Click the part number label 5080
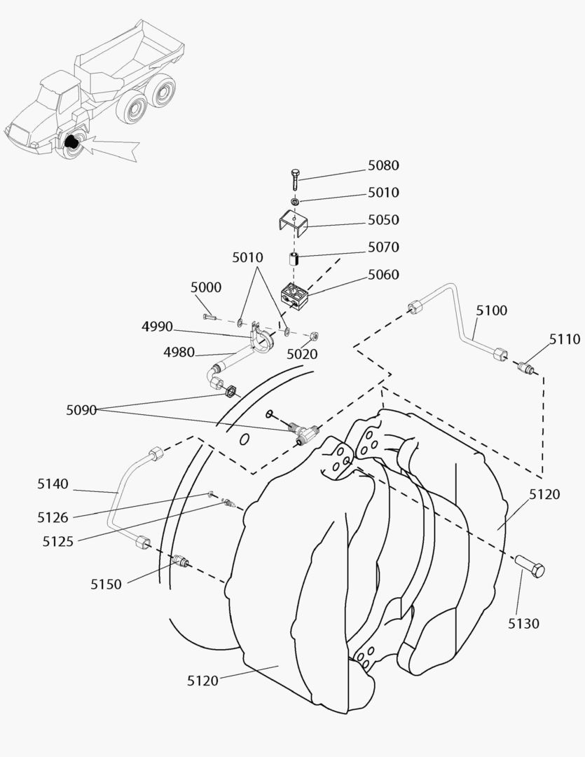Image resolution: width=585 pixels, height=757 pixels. pos(383,165)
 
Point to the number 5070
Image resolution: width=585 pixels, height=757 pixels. pos(383,247)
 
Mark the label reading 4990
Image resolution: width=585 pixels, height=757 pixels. pos(157,326)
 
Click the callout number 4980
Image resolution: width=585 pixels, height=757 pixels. pos(179,353)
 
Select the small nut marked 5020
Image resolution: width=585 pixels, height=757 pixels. pos(314,335)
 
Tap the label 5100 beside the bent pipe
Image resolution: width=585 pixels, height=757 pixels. pos(492,311)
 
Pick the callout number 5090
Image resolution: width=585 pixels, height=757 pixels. pos(82,410)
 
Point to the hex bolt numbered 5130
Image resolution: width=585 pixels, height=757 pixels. pos(530,566)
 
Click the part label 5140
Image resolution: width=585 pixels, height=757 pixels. pos(53,483)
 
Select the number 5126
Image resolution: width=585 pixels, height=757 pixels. pos(53,517)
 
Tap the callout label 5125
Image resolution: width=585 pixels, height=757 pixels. pos(58,541)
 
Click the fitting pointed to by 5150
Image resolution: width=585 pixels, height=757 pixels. pos(181,560)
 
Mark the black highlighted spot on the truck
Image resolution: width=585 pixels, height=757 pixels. pos(71,142)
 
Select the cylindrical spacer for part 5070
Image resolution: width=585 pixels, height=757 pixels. pos(295,259)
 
